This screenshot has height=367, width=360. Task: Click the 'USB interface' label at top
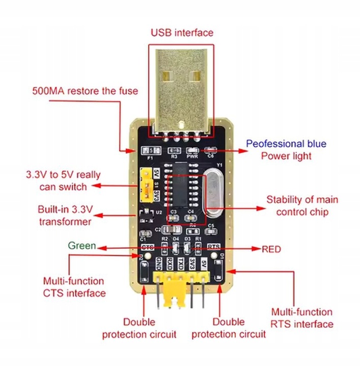(x=182, y=33)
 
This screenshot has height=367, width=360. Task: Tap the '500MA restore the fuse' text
(x=85, y=91)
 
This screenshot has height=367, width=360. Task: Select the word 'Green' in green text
(x=81, y=246)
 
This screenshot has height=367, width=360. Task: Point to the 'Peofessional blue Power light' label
(x=286, y=150)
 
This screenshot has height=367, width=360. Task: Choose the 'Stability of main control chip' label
(x=302, y=205)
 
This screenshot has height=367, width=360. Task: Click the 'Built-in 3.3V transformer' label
(x=65, y=216)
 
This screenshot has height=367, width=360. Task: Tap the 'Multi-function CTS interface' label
(x=74, y=287)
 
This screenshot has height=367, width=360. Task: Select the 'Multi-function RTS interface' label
(x=302, y=318)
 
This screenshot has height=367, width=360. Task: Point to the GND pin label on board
(x=158, y=265)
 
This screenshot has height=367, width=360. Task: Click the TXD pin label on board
(x=181, y=265)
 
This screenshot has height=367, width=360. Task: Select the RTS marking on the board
(x=214, y=247)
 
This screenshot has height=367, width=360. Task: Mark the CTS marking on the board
(x=147, y=247)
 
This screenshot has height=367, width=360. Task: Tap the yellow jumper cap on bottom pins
(x=175, y=301)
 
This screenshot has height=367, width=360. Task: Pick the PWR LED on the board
(x=192, y=150)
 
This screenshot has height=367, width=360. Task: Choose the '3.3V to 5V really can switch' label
(x=63, y=180)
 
